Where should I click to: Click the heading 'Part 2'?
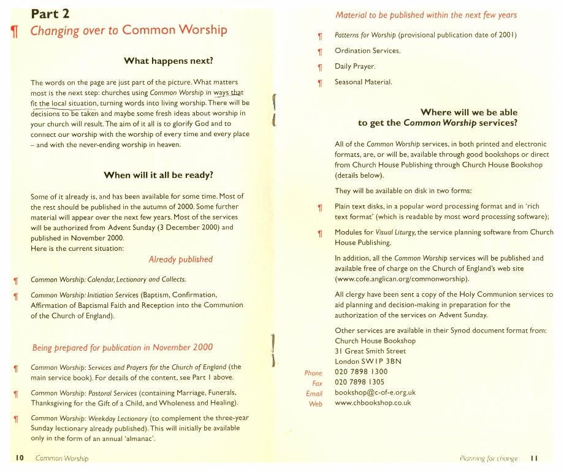[x=54, y=13]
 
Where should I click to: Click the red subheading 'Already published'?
[x=180, y=259]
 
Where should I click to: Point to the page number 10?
[x=20, y=458]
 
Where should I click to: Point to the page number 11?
[x=534, y=458]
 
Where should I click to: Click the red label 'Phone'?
[x=313, y=373]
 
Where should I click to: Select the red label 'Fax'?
[x=317, y=383]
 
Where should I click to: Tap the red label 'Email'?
[x=314, y=393]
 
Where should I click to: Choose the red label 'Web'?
[x=315, y=404]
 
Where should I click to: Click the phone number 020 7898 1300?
[x=361, y=372]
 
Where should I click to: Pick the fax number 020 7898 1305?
[x=361, y=382]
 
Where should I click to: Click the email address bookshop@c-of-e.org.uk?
[x=375, y=392]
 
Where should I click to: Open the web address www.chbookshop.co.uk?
[x=373, y=403]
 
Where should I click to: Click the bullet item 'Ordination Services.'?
[x=367, y=50]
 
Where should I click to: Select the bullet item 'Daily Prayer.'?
[x=355, y=66]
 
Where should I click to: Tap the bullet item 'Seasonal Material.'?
[x=364, y=82]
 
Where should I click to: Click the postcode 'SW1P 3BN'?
[x=384, y=361]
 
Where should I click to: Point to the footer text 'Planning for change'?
[x=489, y=458]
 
